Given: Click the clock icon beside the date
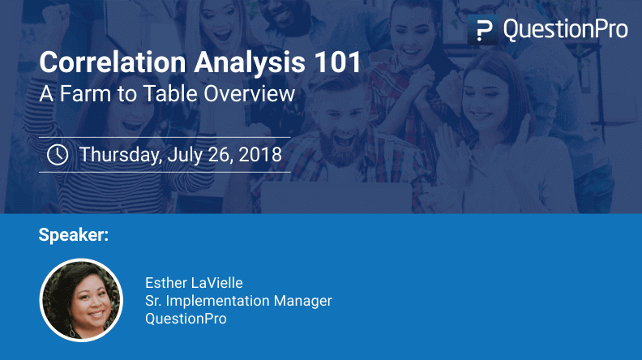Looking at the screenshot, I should [58, 154].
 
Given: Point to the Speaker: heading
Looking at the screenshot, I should [73, 235].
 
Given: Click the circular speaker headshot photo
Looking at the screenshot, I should [81, 299].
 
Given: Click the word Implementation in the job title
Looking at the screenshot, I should [214, 301].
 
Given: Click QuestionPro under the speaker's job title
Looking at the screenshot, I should [186, 319].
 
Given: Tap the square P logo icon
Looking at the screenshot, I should [483, 31].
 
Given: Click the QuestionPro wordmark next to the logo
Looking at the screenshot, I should [565, 30].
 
